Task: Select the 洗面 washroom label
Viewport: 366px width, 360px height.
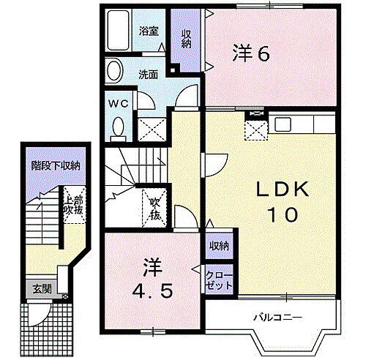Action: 150,73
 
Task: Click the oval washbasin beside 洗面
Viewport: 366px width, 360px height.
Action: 114,72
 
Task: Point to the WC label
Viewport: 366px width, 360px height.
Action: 119,103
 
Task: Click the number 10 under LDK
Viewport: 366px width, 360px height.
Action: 276,216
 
